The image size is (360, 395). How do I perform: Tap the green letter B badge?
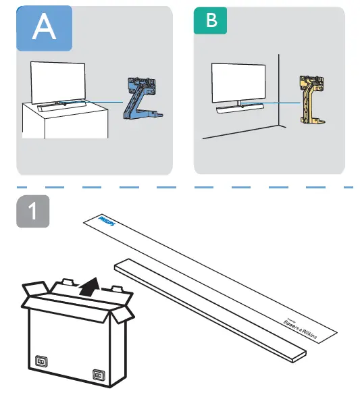pyautogui.click(x=211, y=21)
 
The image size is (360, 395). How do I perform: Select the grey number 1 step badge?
pyautogui.click(x=32, y=217)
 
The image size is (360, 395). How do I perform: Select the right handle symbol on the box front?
pyautogui.click(x=99, y=373)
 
